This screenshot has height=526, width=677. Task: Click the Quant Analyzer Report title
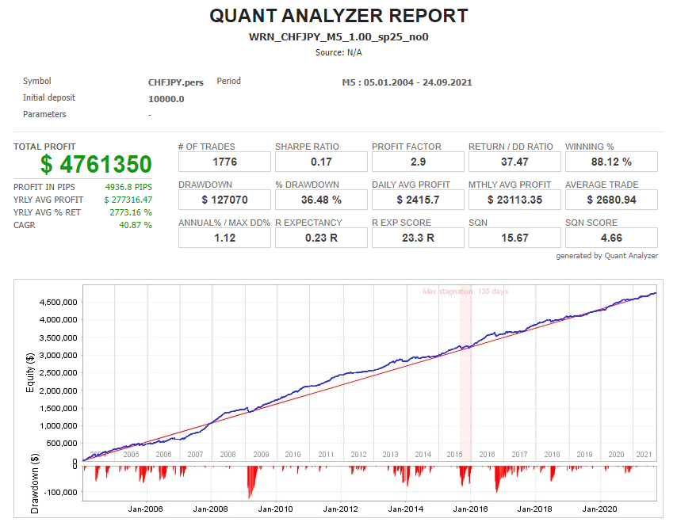(338, 16)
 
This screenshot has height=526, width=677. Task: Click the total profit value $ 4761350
(96, 164)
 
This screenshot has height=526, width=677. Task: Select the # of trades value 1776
(224, 162)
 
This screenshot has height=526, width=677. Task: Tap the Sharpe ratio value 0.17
(321, 162)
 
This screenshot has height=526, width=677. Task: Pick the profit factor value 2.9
(418, 162)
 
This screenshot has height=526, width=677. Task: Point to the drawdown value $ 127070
(224, 200)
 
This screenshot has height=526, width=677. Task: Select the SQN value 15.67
(514, 238)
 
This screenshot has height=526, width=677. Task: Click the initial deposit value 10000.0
(166, 99)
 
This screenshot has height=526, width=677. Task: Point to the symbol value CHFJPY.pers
(175, 82)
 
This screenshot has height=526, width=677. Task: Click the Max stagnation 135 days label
(465, 292)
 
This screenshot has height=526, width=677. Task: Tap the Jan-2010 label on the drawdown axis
(273, 509)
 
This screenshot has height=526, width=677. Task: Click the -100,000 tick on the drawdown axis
(57, 493)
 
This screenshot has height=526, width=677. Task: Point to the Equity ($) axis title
(30, 370)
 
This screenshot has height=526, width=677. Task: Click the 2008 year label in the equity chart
(228, 455)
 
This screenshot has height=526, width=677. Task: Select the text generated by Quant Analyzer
(606, 256)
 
